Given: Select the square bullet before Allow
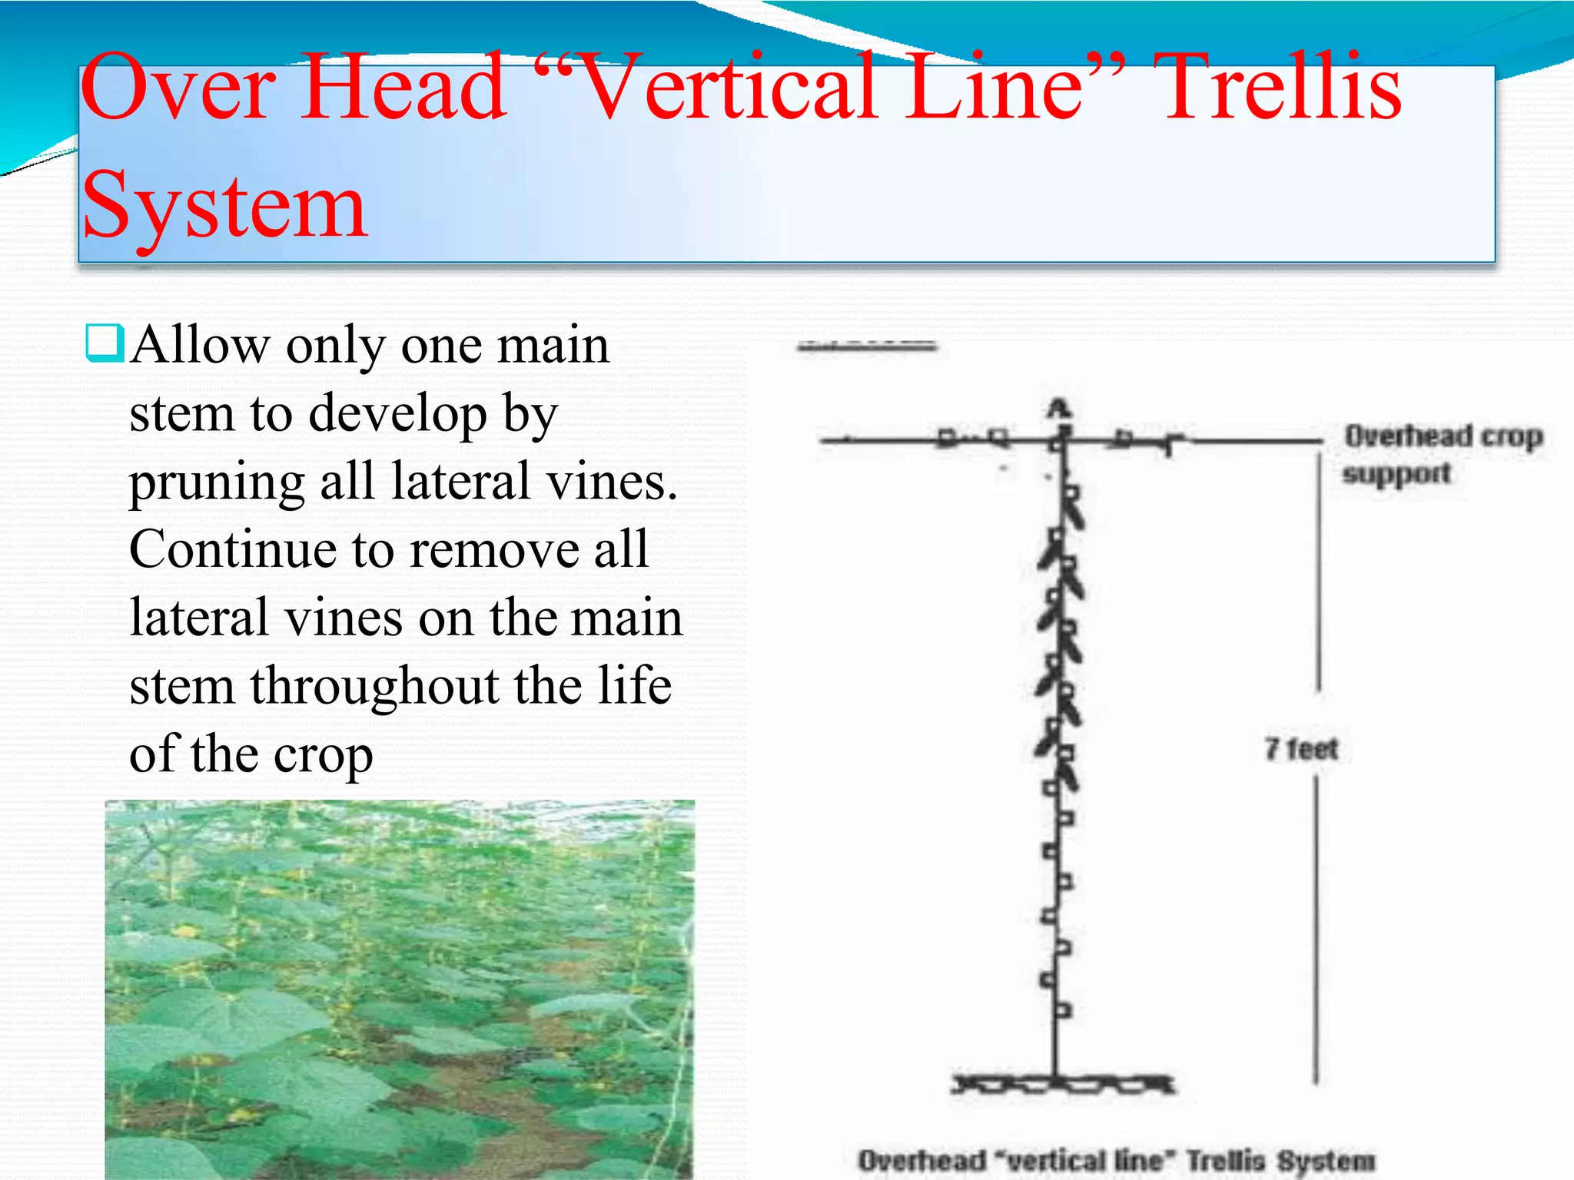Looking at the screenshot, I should pos(104,343).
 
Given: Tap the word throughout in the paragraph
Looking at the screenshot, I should pos(374,686).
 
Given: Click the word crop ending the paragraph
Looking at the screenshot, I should pos(323,756).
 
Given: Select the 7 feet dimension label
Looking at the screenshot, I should pos(1301,748).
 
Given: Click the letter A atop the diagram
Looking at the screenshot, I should pos(1059,408).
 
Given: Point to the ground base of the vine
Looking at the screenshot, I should pos(1063,1084).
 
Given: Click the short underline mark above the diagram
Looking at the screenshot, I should pos(867,347).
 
